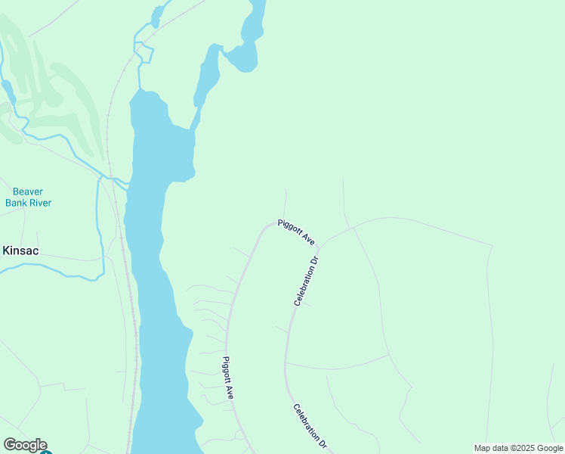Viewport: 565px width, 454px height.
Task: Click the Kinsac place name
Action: pos(20,250)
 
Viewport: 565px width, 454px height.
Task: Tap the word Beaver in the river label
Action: pos(28,191)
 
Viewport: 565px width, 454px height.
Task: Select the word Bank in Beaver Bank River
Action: pos(17,203)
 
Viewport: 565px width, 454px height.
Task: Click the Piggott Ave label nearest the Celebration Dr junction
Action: pos(296,232)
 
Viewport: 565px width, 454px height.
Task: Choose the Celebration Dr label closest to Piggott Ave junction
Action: pos(307,281)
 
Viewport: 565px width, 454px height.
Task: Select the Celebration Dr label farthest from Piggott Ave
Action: pos(310,428)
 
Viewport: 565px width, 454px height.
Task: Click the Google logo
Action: pos(25,445)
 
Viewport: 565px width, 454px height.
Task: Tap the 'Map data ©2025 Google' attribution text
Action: pos(518,448)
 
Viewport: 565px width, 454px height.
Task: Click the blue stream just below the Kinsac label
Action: pos(45,269)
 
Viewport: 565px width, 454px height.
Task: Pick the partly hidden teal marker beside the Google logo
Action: pos(45,452)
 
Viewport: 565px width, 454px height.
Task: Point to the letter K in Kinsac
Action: pos(7,250)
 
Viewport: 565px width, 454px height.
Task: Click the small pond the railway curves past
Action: pos(160,14)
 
